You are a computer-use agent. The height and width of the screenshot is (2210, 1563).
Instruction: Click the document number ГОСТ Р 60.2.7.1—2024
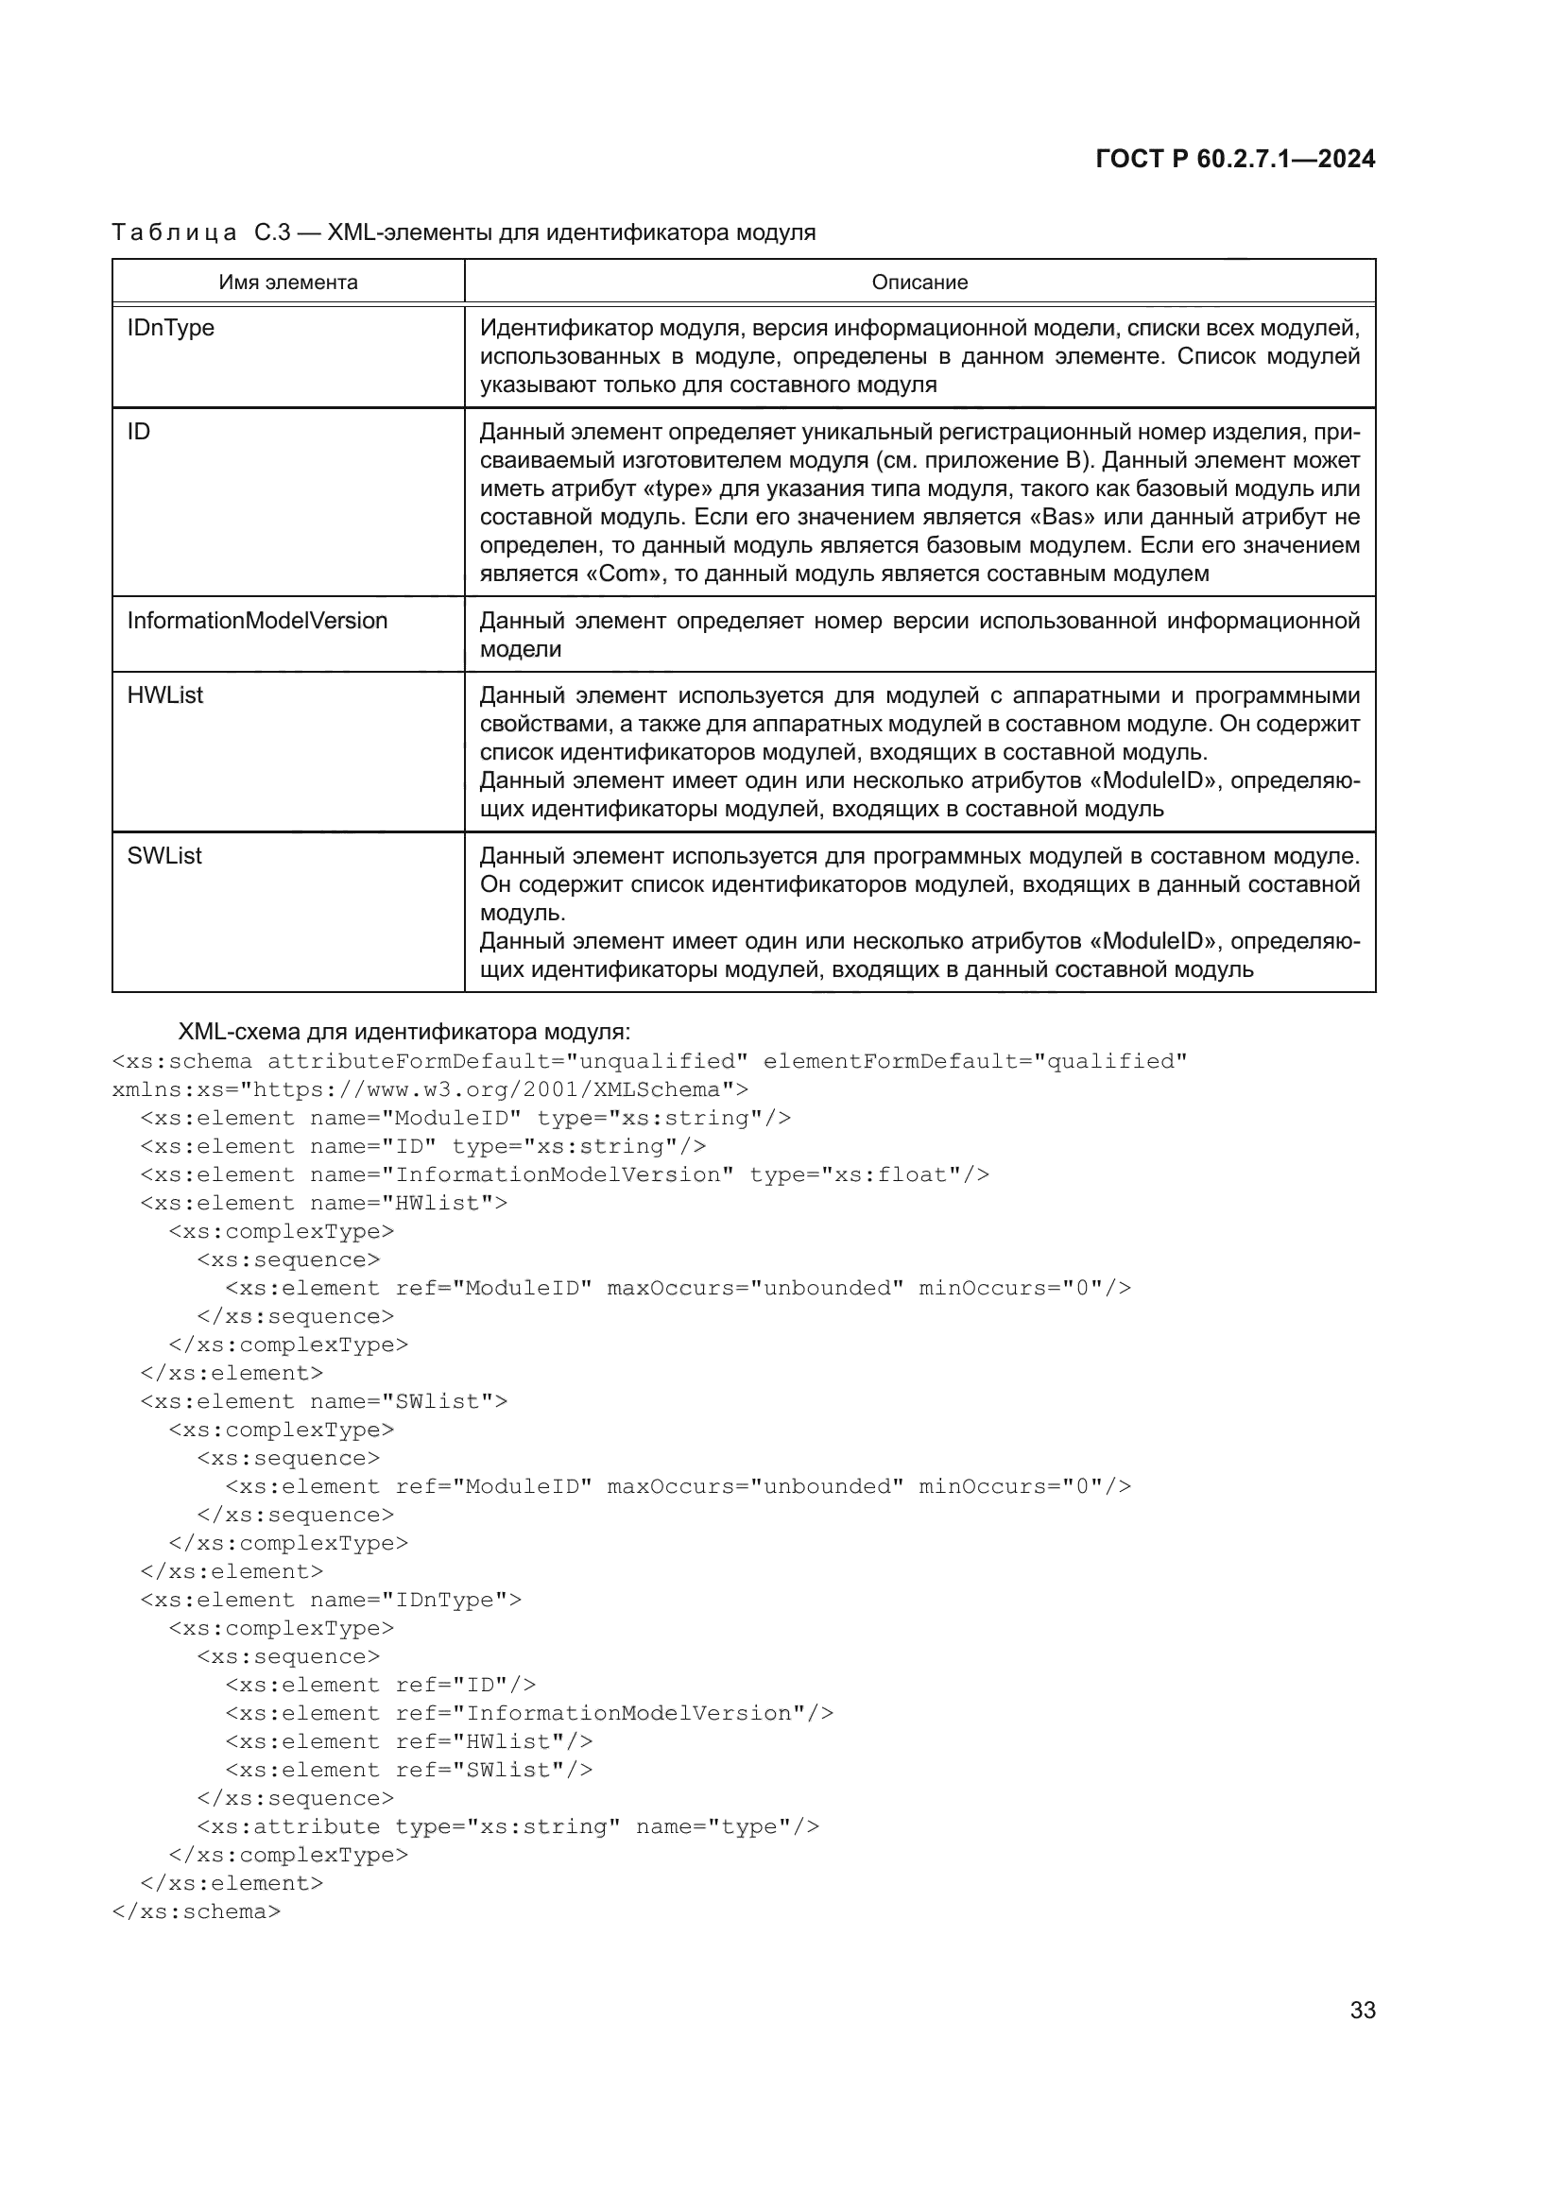pyautogui.click(x=1235, y=160)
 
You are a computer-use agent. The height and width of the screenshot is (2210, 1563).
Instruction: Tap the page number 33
pyautogui.click(x=1362, y=2010)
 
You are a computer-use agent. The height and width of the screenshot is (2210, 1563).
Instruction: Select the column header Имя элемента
pyautogui.click(x=288, y=282)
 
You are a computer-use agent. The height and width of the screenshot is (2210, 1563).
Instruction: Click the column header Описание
pyautogui.click(x=919, y=282)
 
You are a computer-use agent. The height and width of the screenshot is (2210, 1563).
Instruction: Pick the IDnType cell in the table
pyautogui.click(x=170, y=328)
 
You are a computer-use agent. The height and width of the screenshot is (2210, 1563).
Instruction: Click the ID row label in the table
pyautogui.click(x=139, y=432)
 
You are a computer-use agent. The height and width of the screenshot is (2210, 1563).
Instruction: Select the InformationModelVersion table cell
pyautogui.click(x=257, y=621)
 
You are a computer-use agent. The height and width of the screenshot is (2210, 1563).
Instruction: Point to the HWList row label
pyautogui.click(x=164, y=695)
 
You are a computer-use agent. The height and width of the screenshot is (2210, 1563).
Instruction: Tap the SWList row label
pyautogui.click(x=164, y=856)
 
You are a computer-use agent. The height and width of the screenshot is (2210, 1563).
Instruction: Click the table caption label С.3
pyautogui.click(x=272, y=233)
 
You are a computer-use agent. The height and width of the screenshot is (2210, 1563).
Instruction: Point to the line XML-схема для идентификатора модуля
pyautogui.click(x=404, y=1032)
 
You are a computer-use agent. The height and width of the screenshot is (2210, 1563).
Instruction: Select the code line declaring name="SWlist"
pyautogui.click(x=323, y=1401)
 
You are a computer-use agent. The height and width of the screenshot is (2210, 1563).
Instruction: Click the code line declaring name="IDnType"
pyautogui.click(x=330, y=1600)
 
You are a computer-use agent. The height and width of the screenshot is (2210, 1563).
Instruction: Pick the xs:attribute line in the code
pyautogui.click(x=507, y=1827)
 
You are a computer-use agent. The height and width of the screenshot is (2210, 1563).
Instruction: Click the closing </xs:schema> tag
pyautogui.click(x=197, y=1911)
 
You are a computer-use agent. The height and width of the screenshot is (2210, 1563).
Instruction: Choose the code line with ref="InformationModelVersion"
pyautogui.click(x=529, y=1713)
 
